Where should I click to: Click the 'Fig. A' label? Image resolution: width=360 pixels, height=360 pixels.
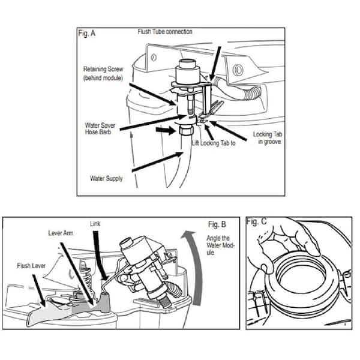[x=88, y=34]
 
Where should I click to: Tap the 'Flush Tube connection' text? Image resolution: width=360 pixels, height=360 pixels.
[x=165, y=31]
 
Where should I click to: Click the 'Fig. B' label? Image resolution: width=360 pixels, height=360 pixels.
[x=217, y=224]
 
